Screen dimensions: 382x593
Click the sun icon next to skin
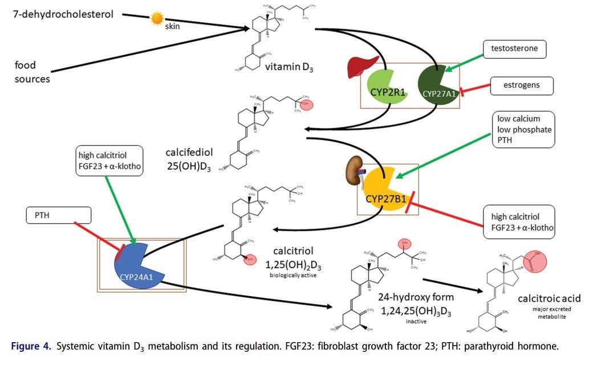coord(157,19)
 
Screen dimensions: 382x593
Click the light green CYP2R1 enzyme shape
coord(385,88)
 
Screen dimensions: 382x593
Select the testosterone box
coord(514,50)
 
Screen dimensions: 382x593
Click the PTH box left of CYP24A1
coord(59,215)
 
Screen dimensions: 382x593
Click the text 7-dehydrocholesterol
coord(63,13)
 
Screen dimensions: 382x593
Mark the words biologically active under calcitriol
coord(293,276)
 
